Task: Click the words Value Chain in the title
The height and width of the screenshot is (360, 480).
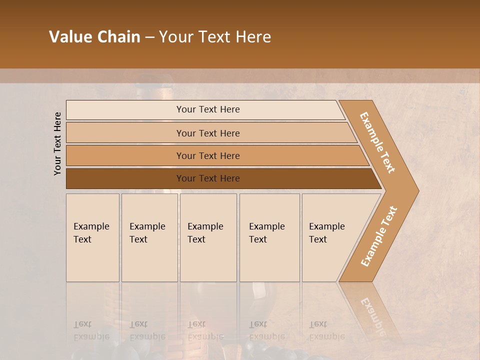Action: point(94,37)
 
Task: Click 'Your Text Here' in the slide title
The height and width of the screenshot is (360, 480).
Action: point(215,37)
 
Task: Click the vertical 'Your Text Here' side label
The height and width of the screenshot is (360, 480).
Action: point(57,143)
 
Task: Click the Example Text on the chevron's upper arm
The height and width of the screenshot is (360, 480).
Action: point(377,143)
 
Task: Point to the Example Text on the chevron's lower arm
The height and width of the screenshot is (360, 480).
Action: point(378,236)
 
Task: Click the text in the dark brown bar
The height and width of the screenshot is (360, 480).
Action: point(208,178)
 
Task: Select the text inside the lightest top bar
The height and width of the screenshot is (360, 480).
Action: point(208,109)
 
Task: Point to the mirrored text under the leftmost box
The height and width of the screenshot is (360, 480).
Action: point(91,330)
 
